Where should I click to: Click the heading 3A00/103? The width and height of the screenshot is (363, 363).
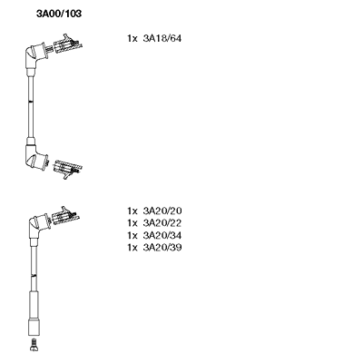[59, 14]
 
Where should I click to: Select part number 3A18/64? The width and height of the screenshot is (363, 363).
[162, 38]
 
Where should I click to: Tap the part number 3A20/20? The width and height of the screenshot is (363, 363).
[162, 211]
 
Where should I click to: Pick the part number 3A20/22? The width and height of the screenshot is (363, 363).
[162, 223]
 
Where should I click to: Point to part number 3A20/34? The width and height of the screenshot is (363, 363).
[162, 235]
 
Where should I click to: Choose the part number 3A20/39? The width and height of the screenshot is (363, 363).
[162, 248]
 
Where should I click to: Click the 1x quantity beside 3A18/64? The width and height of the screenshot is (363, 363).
[132, 38]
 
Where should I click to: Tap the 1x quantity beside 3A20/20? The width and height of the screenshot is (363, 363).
[132, 211]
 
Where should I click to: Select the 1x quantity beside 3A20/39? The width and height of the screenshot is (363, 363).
[132, 248]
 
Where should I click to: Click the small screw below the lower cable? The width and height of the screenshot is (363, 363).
[34, 345]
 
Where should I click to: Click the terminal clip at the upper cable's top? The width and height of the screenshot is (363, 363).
[67, 44]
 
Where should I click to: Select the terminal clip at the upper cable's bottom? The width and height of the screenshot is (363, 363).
[67, 169]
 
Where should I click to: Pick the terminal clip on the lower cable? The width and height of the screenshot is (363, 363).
[65, 216]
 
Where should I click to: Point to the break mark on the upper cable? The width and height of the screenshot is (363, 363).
[30, 102]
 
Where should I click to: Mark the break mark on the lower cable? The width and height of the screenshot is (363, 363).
[34, 275]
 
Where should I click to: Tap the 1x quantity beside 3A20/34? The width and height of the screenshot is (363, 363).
[132, 235]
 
